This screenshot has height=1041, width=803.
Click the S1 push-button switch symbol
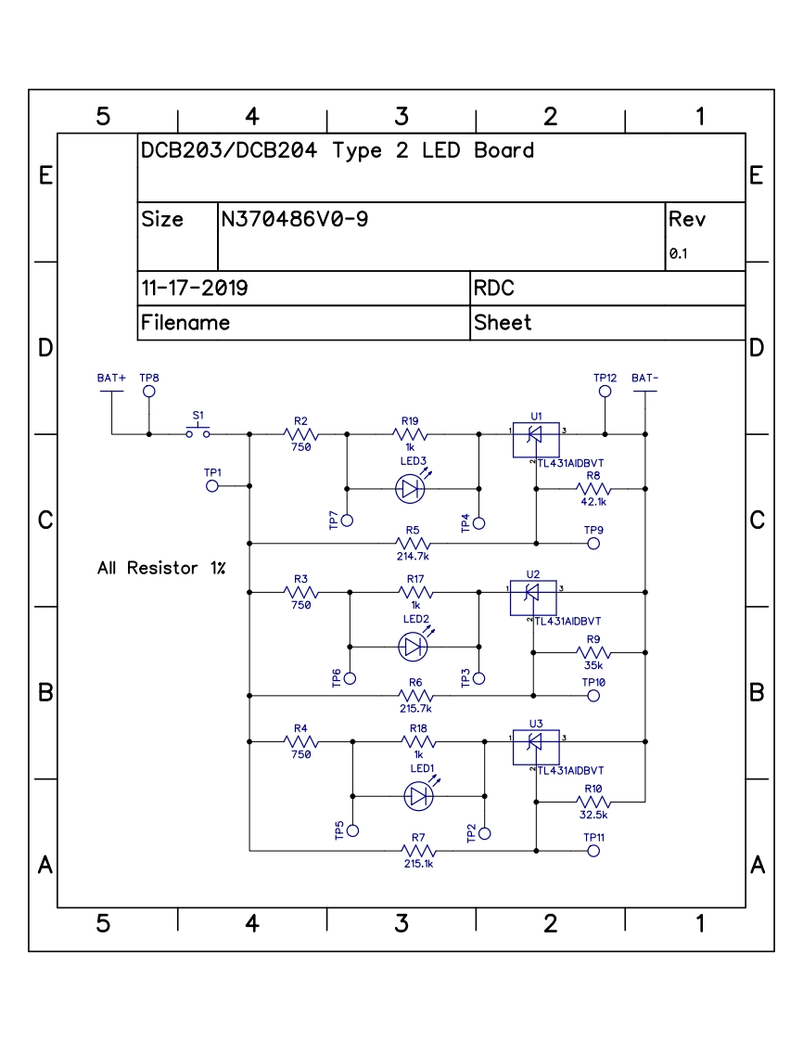(198, 432)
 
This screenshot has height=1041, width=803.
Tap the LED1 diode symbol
(419, 795)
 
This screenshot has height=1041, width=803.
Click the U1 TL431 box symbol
(536, 440)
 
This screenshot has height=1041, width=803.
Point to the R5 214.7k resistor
(414, 543)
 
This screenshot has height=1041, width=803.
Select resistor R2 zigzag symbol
(300, 433)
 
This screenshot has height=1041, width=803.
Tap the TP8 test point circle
(148, 392)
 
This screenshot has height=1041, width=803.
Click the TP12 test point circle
(605, 392)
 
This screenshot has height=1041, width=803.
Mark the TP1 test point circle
(212, 485)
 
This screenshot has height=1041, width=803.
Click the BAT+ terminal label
(111, 379)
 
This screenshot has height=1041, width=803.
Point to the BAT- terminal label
(645, 379)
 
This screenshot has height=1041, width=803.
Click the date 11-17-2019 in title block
(194, 289)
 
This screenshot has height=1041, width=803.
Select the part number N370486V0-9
(295, 220)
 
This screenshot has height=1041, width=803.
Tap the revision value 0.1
(678, 253)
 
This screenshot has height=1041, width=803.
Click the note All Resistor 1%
(161, 567)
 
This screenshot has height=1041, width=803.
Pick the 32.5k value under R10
(593, 815)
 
